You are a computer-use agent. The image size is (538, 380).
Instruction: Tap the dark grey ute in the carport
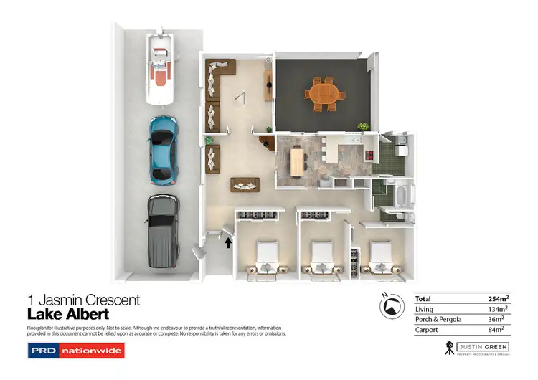click(x=163, y=229)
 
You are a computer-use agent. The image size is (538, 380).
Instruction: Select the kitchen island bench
click(x=296, y=160)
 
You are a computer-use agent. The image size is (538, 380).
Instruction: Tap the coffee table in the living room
click(x=246, y=184)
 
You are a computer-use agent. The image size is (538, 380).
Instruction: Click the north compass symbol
click(x=391, y=306)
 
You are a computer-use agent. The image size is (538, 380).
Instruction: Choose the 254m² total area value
click(x=498, y=298)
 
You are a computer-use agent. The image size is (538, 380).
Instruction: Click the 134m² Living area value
click(x=498, y=309)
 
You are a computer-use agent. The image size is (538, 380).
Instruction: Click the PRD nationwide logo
click(x=75, y=351)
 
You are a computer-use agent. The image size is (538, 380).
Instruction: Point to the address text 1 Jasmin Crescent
click(x=83, y=300)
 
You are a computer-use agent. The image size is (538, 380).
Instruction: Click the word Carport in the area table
click(x=428, y=330)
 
